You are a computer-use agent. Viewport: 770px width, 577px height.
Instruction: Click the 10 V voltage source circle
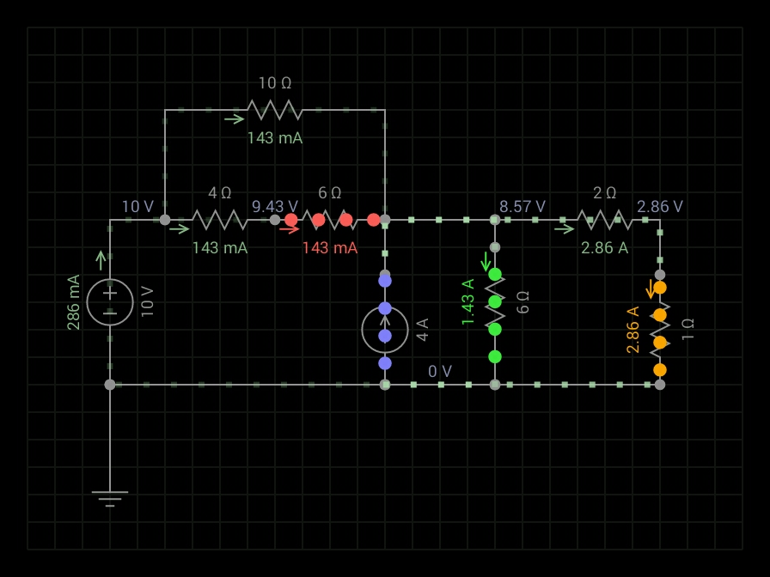click(x=110, y=302)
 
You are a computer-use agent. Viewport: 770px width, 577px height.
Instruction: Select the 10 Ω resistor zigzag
click(x=275, y=110)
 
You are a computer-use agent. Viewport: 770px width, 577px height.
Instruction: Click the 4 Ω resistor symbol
click(x=220, y=220)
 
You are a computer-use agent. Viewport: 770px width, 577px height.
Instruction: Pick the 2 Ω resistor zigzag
click(x=605, y=220)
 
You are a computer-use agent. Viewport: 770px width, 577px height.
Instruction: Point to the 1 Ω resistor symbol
click(x=659, y=328)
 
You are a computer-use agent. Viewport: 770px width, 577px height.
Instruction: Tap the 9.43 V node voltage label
click(x=275, y=207)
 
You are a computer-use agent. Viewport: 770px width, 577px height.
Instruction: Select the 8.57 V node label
click(x=522, y=207)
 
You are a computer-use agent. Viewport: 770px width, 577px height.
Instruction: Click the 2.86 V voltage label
click(x=660, y=207)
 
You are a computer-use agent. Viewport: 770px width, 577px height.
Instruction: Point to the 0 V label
click(x=440, y=372)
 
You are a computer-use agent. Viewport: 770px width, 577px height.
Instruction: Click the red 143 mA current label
click(x=329, y=248)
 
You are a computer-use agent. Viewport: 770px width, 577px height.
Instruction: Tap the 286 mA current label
click(x=74, y=302)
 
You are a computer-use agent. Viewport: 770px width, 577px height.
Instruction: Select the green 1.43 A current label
click(x=468, y=302)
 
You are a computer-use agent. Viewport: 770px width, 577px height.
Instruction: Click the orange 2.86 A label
click(x=632, y=330)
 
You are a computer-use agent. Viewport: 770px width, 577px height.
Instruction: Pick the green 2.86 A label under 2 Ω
click(x=604, y=248)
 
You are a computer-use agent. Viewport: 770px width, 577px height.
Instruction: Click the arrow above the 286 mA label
click(x=101, y=260)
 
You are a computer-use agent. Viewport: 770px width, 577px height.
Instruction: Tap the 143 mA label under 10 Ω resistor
click(x=275, y=137)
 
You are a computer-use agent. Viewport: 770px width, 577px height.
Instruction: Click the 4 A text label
click(x=422, y=330)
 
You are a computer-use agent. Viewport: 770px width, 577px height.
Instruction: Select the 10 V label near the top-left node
click(x=137, y=207)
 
